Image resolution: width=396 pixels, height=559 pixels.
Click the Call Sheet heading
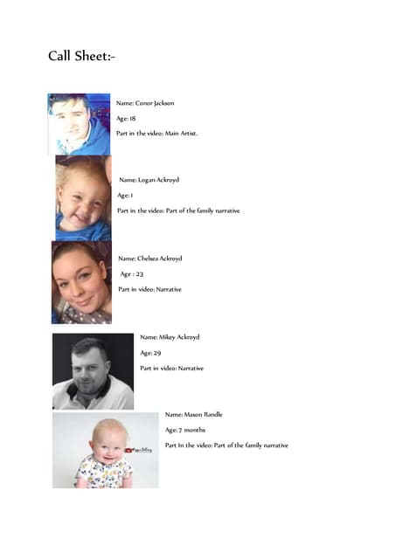81,57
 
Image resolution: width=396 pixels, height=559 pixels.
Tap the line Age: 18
127,118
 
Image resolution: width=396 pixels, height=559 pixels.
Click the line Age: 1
124,196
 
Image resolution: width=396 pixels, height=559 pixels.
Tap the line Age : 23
131,274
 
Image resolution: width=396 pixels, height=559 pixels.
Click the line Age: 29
150,353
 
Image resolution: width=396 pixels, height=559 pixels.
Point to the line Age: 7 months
185,430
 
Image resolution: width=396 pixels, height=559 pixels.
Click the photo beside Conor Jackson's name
79,124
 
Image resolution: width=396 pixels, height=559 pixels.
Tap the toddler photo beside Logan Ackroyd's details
83,198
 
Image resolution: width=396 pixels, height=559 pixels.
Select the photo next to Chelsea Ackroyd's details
81,282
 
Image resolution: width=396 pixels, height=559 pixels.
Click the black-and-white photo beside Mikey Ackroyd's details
93,370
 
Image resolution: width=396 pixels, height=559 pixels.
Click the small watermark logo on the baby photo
143,450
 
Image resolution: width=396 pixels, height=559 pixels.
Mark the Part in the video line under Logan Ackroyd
178,210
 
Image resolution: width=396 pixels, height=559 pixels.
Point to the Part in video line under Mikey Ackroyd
171,368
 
